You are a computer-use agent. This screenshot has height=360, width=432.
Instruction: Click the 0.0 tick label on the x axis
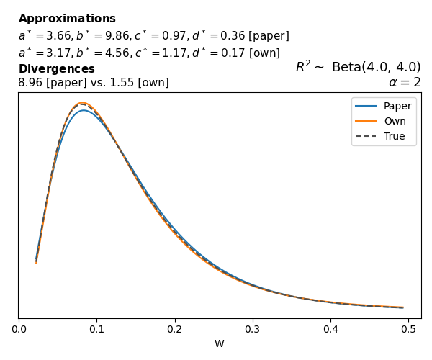point(19,329)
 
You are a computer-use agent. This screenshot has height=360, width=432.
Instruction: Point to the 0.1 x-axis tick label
point(96,329)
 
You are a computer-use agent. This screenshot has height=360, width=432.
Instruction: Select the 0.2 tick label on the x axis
point(174,329)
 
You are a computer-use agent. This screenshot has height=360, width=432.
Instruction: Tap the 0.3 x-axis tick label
point(253,329)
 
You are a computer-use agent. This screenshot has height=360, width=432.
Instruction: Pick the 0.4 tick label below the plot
point(330,329)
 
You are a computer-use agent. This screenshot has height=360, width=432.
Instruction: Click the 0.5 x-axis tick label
point(408,329)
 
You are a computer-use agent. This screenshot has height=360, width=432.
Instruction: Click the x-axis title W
point(219,343)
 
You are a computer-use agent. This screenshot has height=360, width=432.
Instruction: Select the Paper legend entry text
point(397,107)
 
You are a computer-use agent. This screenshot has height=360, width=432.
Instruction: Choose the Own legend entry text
point(395,122)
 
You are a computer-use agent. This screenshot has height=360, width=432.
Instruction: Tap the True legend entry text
point(394,136)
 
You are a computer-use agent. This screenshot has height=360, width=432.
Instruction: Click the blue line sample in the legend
point(367,107)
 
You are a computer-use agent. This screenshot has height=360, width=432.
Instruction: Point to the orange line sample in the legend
point(367,122)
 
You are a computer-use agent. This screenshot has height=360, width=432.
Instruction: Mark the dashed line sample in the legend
point(367,136)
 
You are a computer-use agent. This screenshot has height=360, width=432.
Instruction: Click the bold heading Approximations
point(67,19)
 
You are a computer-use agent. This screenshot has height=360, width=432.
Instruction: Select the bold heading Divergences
point(57,69)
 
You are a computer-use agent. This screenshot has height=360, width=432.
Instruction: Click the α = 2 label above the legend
point(405,82)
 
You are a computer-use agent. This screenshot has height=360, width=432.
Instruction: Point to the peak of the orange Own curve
point(82,103)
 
